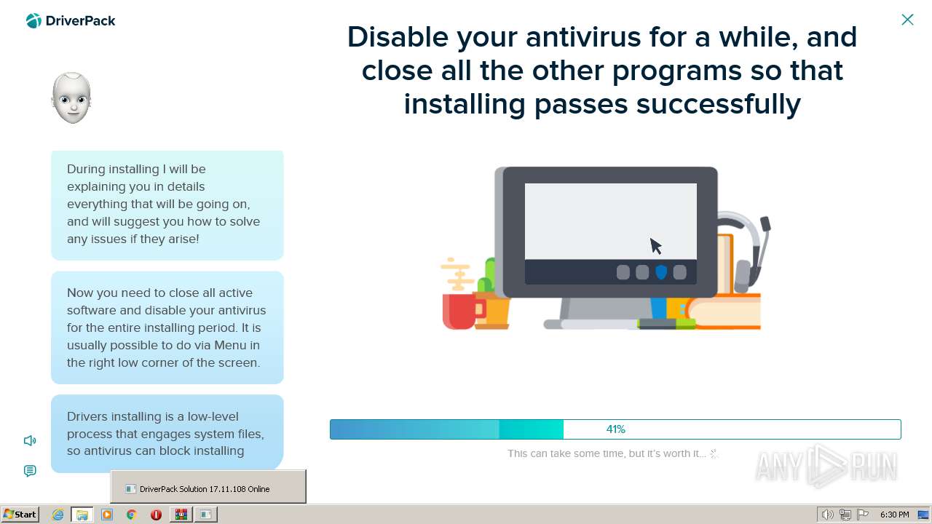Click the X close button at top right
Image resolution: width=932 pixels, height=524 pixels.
click(907, 20)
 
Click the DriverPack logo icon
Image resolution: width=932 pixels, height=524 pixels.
click(33, 21)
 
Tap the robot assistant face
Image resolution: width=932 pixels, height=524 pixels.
click(71, 98)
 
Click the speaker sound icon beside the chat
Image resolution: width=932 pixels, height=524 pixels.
click(30, 440)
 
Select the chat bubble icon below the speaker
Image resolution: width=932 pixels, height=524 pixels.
click(30, 471)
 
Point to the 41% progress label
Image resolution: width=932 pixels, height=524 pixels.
click(616, 429)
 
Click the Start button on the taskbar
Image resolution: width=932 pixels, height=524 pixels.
click(20, 515)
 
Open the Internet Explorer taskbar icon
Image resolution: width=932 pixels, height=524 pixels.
click(58, 515)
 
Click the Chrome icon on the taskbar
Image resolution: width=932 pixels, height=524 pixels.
click(132, 515)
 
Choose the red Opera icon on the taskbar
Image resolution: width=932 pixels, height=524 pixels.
click(156, 515)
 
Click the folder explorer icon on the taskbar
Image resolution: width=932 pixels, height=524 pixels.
click(82, 515)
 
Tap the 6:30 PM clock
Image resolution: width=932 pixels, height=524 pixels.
click(895, 515)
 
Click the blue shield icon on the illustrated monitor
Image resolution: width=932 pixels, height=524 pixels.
click(661, 272)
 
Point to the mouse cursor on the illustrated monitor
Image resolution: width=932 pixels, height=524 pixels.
click(656, 246)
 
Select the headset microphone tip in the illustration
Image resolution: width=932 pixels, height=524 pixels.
click(765, 223)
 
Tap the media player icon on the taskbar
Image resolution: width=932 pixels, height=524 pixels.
click(107, 515)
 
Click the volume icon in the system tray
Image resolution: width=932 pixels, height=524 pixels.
click(827, 515)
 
